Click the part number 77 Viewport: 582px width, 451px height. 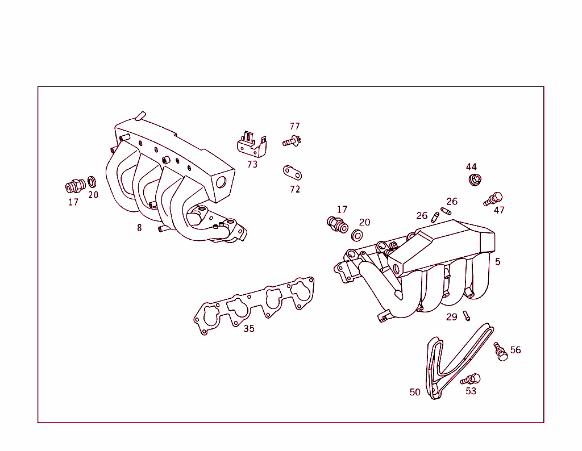294,126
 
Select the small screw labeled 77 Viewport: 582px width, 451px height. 292,141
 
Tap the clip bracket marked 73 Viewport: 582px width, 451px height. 251,145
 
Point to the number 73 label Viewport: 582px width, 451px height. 252,164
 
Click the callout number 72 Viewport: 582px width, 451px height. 294,189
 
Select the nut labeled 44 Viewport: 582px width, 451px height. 475,180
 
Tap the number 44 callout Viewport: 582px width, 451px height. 471,166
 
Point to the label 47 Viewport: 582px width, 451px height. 499,210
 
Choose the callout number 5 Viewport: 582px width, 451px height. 498,262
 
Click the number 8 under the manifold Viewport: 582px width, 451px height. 139,228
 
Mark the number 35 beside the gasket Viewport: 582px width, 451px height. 249,328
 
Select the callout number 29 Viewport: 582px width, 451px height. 451,317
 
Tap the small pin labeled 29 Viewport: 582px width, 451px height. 467,315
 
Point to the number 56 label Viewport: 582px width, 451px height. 515,350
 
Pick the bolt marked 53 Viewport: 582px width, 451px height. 472,379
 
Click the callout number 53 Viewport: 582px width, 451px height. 471,391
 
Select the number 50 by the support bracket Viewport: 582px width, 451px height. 415,392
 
